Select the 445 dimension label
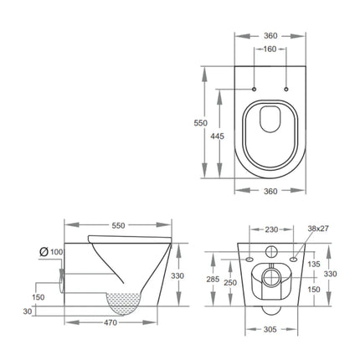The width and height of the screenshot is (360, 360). click(x=217, y=136)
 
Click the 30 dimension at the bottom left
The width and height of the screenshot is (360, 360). click(x=28, y=311)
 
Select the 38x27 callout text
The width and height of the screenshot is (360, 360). click(x=318, y=228)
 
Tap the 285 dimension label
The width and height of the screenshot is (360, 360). click(x=214, y=280)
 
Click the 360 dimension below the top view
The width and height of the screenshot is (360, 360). click(x=270, y=192)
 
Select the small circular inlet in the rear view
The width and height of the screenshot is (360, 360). click(x=270, y=252)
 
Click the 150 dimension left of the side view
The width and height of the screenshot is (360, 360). click(x=39, y=296)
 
